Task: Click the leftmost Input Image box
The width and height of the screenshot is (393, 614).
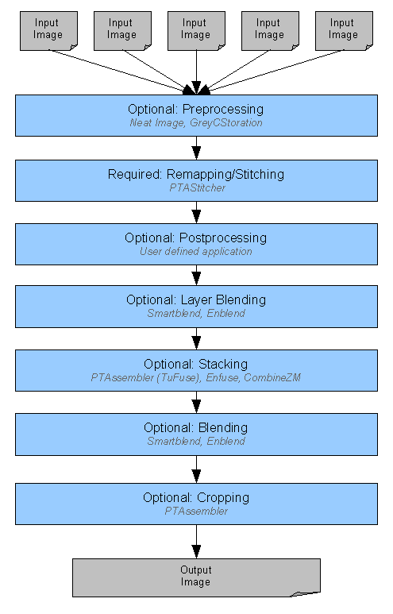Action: [48, 31]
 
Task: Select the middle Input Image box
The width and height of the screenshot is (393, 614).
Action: [196, 31]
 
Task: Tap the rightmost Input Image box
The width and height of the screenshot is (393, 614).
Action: [344, 31]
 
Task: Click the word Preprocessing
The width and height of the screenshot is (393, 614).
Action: [223, 110]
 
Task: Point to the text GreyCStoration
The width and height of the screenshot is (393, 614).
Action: [225, 123]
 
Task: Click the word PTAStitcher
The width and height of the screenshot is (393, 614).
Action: [197, 188]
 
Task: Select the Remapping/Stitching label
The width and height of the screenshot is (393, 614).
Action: [225, 174]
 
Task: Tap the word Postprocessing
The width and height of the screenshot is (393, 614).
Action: [223, 238]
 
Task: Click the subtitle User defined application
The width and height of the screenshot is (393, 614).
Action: [196, 251]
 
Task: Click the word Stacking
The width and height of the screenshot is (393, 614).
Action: [222, 364]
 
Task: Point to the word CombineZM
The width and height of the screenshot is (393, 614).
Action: [272, 378]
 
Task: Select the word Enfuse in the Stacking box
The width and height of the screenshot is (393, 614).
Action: [222, 378]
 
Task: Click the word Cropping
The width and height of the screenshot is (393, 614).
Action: [223, 498]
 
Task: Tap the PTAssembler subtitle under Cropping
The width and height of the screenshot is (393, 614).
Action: [196, 512]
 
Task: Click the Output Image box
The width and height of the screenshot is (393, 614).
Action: [196, 577]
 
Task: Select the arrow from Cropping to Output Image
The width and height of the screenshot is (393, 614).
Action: [196, 542]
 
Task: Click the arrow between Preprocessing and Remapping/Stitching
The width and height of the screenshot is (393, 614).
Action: [196, 148]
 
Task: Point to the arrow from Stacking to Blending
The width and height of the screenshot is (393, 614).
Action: [196, 402]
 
